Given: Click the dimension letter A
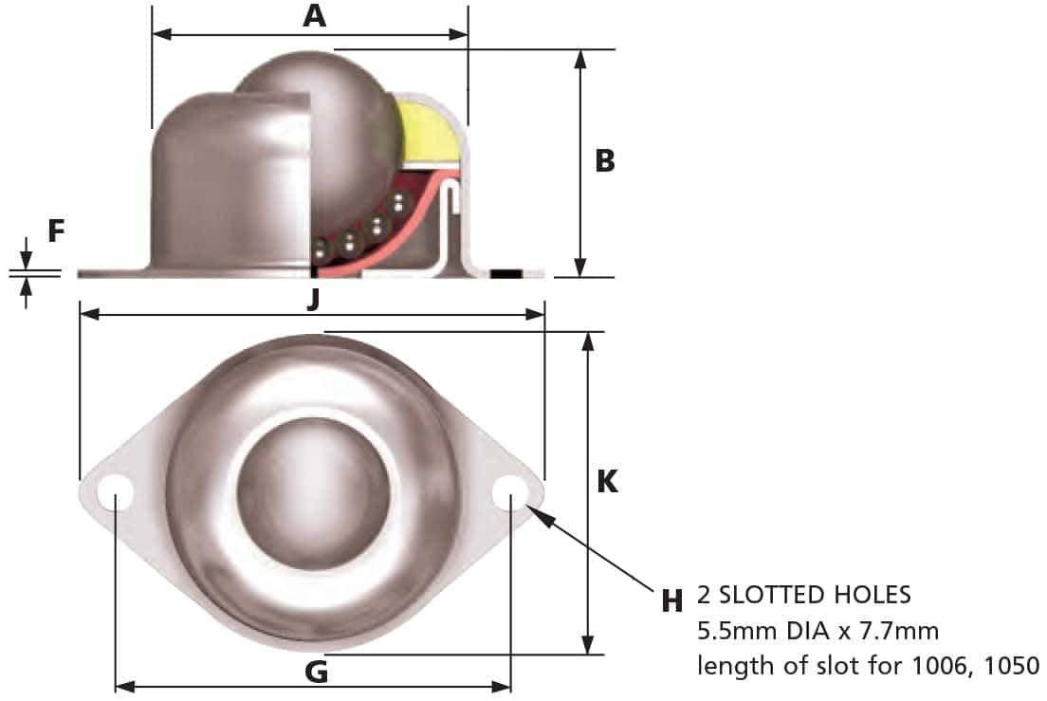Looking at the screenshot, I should [315, 16].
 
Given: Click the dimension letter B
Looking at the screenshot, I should [605, 161].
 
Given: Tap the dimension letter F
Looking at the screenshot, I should [56, 231].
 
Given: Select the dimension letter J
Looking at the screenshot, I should [314, 299].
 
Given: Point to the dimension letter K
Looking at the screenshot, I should [607, 482].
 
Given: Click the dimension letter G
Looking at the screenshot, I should [316, 673].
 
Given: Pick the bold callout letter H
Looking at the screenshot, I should [672, 600].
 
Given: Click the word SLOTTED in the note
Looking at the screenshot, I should [783, 596].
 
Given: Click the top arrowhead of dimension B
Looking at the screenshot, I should [581, 58].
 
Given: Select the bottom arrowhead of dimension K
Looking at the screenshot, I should [590, 645].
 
